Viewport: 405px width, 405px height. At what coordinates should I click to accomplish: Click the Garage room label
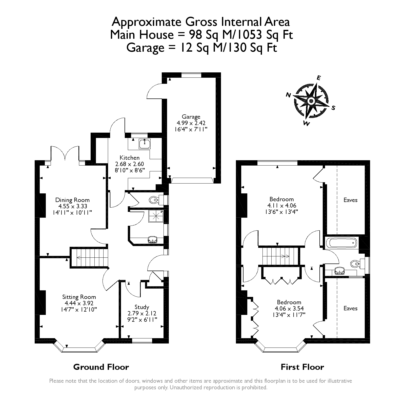click(191, 117)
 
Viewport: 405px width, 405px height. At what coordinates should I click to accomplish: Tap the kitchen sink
click(145, 144)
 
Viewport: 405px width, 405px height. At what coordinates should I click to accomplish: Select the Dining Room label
click(72, 200)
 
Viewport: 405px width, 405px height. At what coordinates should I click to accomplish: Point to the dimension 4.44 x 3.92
click(79, 303)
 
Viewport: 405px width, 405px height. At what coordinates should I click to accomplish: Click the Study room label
click(142, 307)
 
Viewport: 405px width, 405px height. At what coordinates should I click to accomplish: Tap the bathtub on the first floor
click(341, 243)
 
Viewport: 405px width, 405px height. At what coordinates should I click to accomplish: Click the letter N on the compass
click(288, 95)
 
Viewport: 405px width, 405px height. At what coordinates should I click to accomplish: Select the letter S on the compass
click(333, 108)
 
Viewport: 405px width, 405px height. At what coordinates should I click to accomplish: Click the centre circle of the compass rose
click(311, 101)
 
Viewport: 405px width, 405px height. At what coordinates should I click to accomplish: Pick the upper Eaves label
click(350, 200)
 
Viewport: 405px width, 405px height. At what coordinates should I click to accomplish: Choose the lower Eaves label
click(350, 308)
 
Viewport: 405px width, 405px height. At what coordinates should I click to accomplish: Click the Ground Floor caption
click(101, 367)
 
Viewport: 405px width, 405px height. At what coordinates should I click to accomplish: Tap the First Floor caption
click(302, 367)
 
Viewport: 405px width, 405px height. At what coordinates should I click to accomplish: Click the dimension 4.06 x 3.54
click(289, 309)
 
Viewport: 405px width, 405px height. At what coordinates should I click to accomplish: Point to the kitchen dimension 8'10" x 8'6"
click(130, 170)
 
